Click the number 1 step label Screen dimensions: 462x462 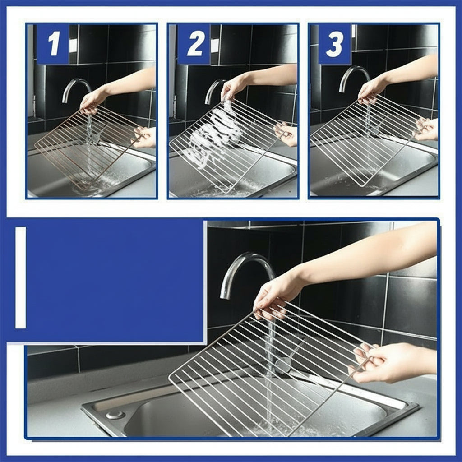53,44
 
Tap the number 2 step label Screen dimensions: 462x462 194,44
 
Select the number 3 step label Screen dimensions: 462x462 335,44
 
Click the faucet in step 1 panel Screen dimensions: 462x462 74,86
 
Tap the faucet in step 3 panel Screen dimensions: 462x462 352,74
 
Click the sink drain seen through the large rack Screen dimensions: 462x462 283,365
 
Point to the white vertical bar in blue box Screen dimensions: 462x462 20,277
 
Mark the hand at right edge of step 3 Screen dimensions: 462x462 427,129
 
